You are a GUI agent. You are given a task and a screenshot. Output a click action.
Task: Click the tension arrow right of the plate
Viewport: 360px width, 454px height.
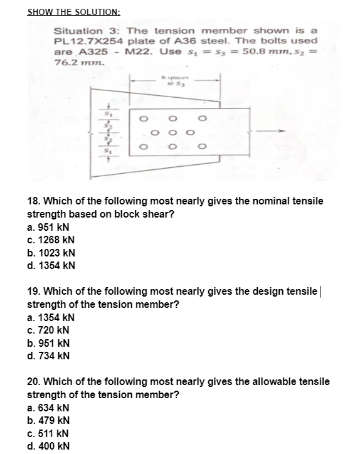267,132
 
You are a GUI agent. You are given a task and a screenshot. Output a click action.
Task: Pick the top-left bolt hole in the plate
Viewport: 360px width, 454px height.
144,115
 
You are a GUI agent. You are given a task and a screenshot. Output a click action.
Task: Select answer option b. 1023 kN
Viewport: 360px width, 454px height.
52,253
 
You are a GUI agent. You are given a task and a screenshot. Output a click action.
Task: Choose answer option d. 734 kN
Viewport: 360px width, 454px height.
50,357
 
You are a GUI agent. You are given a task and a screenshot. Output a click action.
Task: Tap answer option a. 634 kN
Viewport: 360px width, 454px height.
50,408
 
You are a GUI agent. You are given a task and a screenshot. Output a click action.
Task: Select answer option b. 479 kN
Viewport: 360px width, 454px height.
50,420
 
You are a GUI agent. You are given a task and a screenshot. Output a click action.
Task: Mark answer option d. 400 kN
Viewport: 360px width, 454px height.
50,446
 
